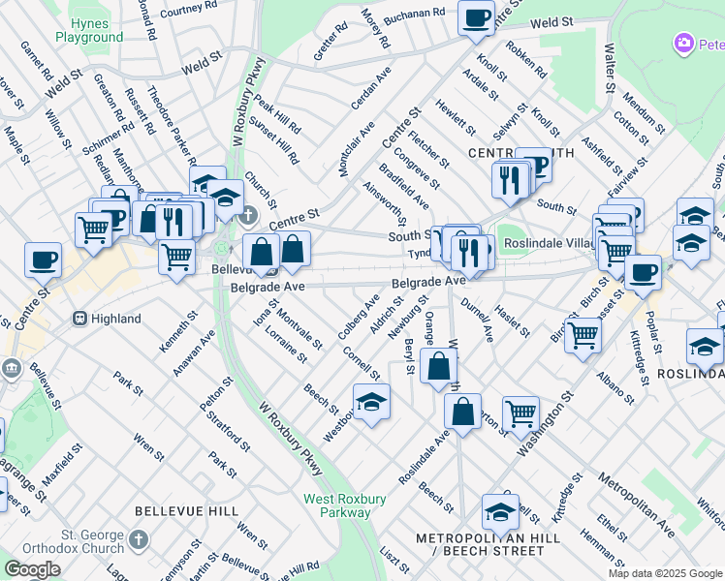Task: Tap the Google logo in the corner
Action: pos(32,568)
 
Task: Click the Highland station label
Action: pos(116,318)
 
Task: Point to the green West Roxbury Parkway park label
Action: pos(345,505)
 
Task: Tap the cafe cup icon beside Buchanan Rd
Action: pos(475,18)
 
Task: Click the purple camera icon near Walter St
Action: pos(684,44)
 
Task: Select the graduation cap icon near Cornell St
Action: pos(371,402)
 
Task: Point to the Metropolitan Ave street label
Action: pos(637,505)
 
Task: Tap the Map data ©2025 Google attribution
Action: pos(665,573)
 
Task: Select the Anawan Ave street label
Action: pos(194,355)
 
